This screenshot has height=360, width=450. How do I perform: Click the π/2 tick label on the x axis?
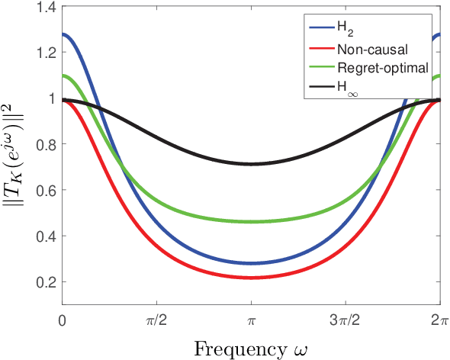coord(156,321)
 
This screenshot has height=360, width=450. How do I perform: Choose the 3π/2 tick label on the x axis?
coord(345,321)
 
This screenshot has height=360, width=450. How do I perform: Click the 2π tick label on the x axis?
coord(438,321)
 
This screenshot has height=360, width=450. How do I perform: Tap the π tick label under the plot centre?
coord(250,321)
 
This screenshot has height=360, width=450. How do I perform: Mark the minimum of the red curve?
coord(250,278)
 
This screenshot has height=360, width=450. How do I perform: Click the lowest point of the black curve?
coord(250,164)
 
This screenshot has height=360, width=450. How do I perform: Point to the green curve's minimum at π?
coord(250,222)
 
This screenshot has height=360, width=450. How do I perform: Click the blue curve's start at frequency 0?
coord(63,34)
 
